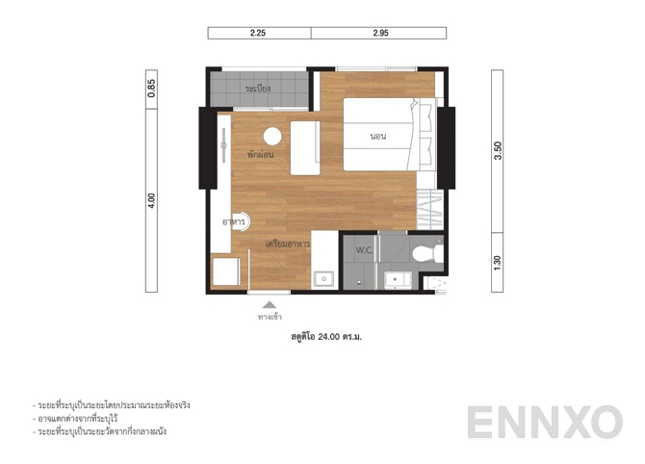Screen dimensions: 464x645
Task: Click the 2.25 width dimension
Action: tap(258, 33)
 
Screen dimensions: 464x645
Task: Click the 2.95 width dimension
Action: tap(378, 33)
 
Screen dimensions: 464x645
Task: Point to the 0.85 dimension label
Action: tap(151, 89)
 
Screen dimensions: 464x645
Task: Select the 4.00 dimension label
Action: tap(151, 199)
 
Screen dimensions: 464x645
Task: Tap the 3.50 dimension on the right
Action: tap(498, 151)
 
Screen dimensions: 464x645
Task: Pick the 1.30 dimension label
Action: tap(498, 260)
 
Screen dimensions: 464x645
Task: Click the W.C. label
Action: tap(364, 250)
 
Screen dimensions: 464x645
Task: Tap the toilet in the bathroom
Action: tap(425, 253)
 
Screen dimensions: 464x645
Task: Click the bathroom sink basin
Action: tap(396, 278)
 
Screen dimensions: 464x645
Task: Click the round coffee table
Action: tap(271, 136)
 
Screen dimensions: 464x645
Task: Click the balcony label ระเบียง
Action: tap(258, 89)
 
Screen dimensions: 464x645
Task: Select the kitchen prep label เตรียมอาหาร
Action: tap(287, 245)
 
